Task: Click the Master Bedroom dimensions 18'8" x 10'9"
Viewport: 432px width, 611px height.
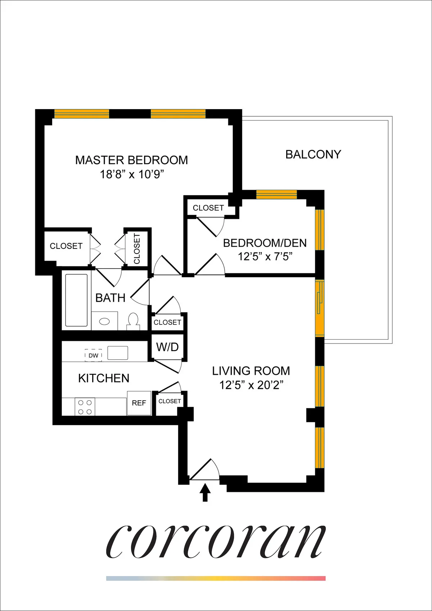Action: pyautogui.click(x=132, y=175)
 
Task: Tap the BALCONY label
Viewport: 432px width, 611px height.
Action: pyautogui.click(x=313, y=154)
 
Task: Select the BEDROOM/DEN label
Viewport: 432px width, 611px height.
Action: pyautogui.click(x=265, y=243)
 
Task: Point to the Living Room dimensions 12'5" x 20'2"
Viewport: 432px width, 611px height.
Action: pyautogui.click(x=251, y=385)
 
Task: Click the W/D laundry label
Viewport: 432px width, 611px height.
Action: pyautogui.click(x=167, y=347)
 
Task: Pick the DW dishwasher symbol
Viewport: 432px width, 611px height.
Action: pyautogui.click(x=93, y=355)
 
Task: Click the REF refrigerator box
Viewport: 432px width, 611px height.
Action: pyautogui.click(x=139, y=403)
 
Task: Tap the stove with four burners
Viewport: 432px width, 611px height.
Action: pyautogui.click(x=85, y=407)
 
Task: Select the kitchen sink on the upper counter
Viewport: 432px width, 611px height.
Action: pyautogui.click(x=118, y=353)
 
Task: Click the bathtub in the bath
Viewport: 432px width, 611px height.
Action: pyautogui.click(x=76, y=300)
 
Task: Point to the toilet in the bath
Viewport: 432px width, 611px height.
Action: pyautogui.click(x=133, y=321)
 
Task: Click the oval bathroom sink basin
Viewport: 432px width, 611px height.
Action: pyautogui.click(x=104, y=321)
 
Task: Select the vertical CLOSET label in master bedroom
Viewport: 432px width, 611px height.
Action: pyautogui.click(x=137, y=248)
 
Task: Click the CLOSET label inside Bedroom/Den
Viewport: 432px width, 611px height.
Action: pyautogui.click(x=208, y=208)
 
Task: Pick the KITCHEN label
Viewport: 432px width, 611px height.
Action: pyautogui.click(x=104, y=378)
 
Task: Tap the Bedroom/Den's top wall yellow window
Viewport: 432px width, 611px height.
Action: pyautogui.click(x=276, y=194)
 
